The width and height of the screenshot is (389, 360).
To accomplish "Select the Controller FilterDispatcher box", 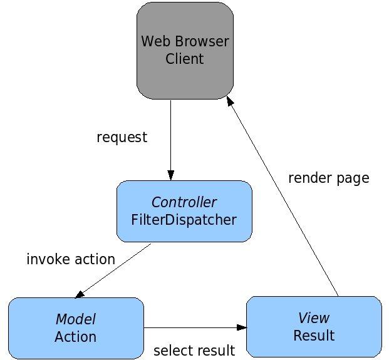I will click(184, 211).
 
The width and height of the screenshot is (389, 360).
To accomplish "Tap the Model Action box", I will click(76, 328).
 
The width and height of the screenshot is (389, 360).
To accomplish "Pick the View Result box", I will click(313, 327).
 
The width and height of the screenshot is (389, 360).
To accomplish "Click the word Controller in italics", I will click(184, 202).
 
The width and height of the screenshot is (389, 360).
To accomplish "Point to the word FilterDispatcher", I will click(184, 220).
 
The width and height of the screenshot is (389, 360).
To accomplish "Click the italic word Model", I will click(76, 319).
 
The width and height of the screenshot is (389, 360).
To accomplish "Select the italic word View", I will click(313, 317).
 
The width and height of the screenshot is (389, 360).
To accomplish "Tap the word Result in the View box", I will click(313, 336).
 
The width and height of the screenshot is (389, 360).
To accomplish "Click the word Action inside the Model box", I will click(76, 337).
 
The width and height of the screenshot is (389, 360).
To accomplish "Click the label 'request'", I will click(122, 137).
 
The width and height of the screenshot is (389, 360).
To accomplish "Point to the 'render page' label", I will click(328, 178).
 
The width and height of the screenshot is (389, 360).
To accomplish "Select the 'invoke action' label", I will click(71, 259).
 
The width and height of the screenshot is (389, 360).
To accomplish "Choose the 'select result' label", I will click(194, 350).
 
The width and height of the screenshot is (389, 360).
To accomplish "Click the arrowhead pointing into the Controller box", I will click(170, 176).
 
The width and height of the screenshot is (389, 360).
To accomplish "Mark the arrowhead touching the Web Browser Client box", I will click(230, 101).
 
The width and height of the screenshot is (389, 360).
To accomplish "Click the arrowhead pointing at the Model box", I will click(80, 294).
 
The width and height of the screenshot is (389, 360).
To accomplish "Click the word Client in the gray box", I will click(185, 59).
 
